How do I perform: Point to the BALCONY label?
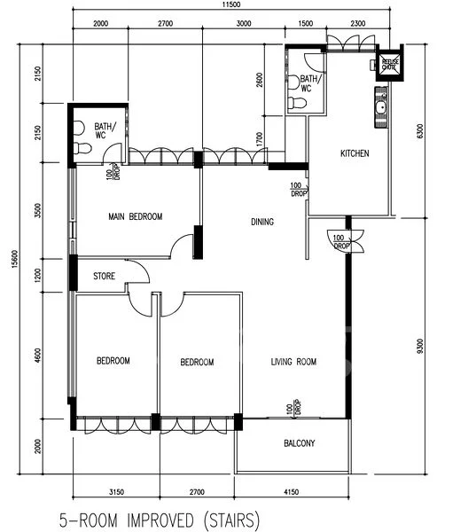[300, 443]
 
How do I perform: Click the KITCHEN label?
[355, 154]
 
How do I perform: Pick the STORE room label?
[104, 277]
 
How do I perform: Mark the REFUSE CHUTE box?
[388, 63]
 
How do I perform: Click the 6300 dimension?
[457, 133]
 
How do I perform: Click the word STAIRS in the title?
[230, 517]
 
